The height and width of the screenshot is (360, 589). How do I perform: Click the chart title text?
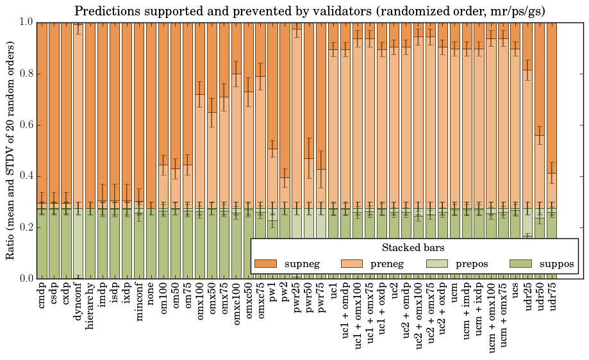click(x=310, y=12)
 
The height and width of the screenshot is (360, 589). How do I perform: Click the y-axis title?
click(x=11, y=151)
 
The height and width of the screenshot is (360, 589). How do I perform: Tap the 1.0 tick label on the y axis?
click(x=24, y=22)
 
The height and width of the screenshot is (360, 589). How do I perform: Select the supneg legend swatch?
click(x=265, y=264)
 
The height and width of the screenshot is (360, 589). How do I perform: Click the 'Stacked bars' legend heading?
click(x=413, y=248)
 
